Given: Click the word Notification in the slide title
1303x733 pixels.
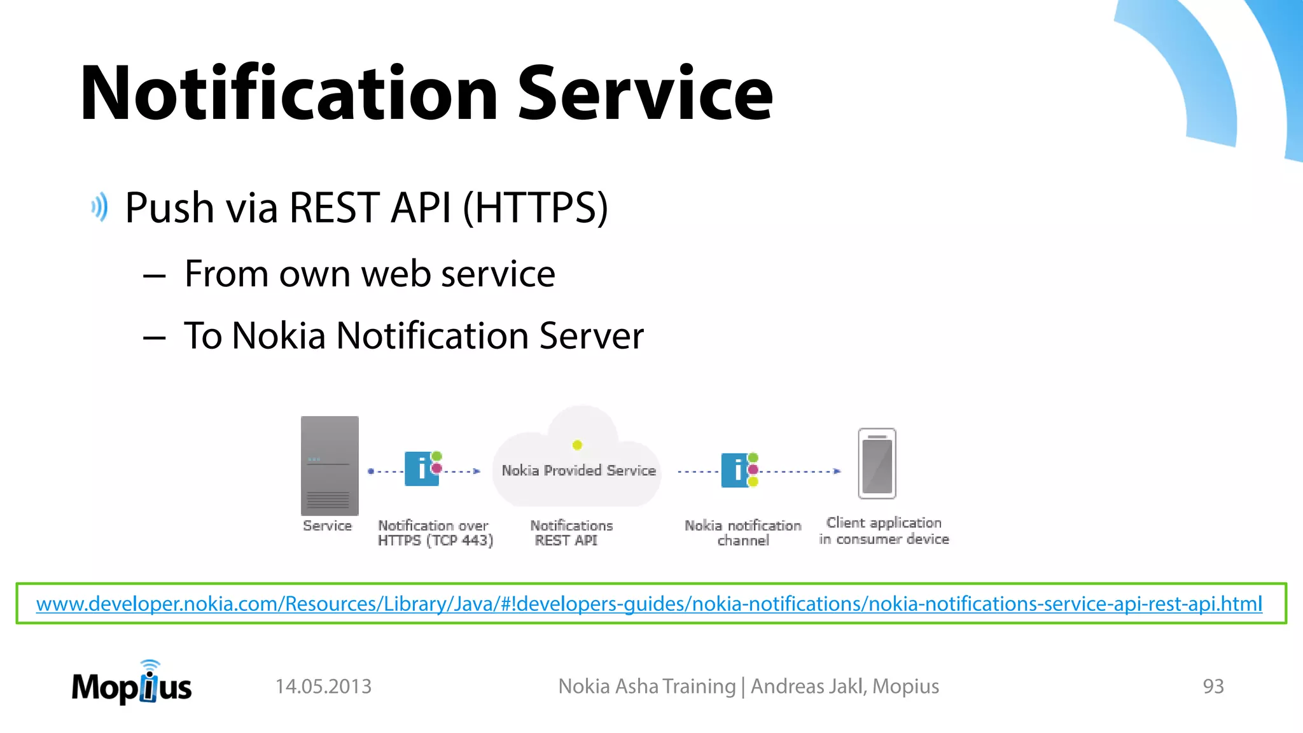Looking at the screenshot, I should tap(289, 94).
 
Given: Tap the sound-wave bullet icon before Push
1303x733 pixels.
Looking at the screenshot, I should tap(99, 207).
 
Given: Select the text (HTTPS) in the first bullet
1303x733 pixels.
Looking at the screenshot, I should tap(535, 207).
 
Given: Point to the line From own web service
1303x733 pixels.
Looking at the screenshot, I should tap(370, 274).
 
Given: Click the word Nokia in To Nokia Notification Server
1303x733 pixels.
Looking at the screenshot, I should tap(279, 335).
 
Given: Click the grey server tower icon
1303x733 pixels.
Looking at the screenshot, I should tap(330, 466).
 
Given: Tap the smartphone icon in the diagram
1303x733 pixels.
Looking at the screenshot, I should tap(877, 463).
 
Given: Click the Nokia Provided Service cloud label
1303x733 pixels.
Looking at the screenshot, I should tap(578, 470).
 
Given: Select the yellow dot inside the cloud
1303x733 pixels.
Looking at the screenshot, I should tap(577, 445).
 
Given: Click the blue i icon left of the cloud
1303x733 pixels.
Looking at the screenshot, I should tap(421, 469).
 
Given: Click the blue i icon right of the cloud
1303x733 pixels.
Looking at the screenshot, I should tap(736, 470).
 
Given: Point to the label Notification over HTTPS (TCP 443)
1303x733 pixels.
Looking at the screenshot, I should tap(435, 533).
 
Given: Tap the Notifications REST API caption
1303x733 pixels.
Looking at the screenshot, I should tap(571, 533).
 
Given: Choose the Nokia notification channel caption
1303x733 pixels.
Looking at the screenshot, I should tap(742, 533).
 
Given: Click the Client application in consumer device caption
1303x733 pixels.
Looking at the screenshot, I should tap(884, 531).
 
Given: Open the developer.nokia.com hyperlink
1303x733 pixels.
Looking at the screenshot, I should tap(649, 603).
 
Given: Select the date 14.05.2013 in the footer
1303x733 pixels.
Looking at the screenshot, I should tap(323, 687).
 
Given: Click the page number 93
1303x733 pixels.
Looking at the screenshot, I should tap(1213, 687).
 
